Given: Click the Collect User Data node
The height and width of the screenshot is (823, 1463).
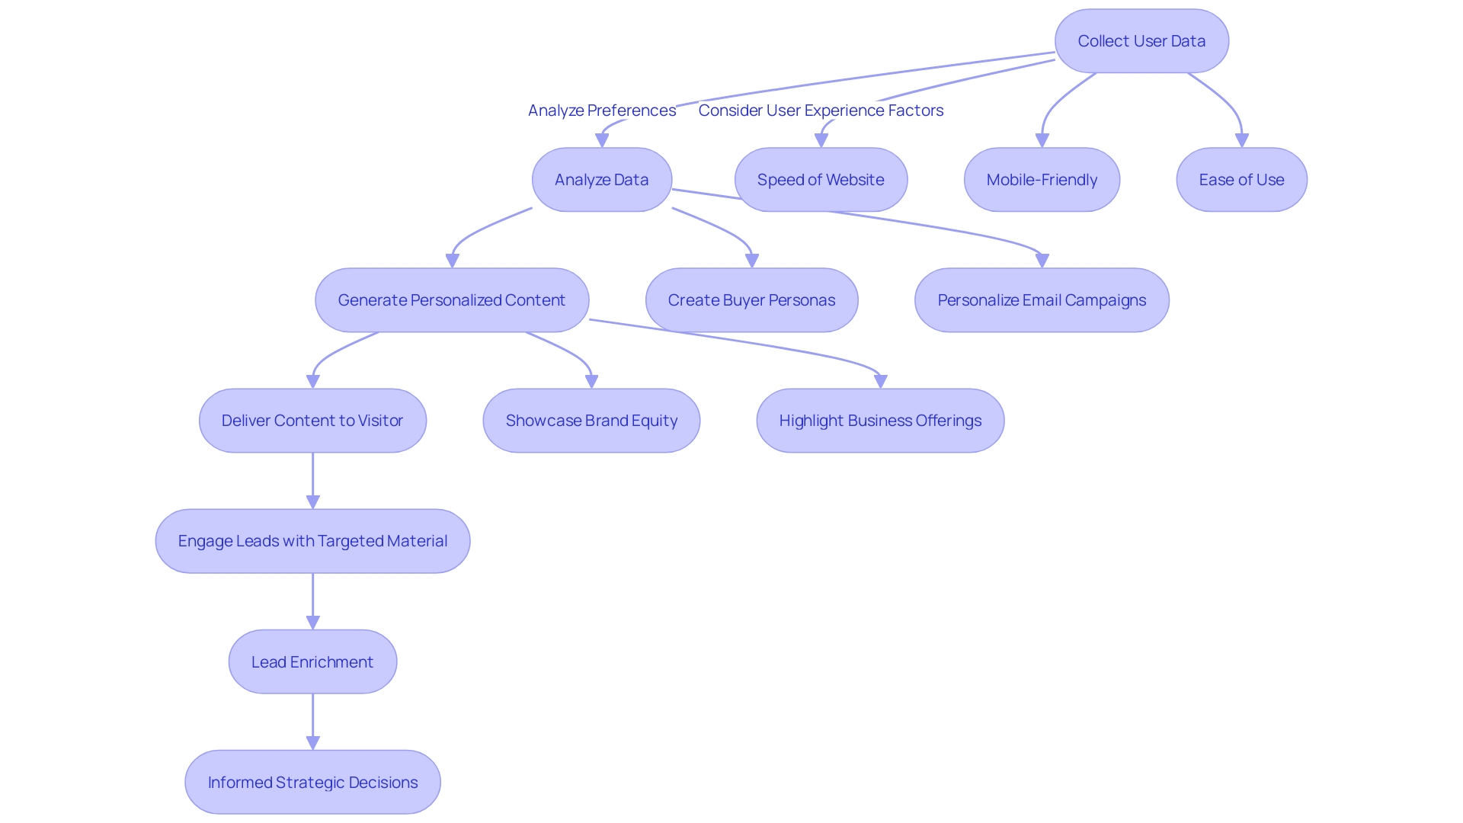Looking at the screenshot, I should click(1141, 41).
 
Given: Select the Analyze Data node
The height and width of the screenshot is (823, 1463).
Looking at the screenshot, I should click(601, 180).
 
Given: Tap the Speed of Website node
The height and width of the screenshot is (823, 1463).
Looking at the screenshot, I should click(821, 180).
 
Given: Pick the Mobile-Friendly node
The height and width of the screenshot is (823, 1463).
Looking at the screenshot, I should click(1042, 180).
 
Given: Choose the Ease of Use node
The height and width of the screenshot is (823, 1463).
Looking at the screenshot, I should click(1241, 180).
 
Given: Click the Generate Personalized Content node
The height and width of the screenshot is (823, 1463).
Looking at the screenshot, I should click(452, 300).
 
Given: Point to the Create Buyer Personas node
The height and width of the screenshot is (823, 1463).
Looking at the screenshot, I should click(751, 300).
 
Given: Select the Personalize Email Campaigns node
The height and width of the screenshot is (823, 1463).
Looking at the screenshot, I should click(1042, 300).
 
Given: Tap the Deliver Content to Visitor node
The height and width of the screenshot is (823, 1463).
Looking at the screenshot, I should click(312, 421).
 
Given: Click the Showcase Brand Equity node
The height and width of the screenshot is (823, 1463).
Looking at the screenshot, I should click(591, 421).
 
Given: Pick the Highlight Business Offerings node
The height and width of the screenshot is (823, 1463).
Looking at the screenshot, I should click(880, 421).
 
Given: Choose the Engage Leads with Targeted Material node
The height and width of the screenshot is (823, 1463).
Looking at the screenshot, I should click(312, 541).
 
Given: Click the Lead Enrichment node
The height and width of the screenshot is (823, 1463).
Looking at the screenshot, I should click(312, 661).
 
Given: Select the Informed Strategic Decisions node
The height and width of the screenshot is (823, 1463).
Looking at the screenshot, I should click(312, 782).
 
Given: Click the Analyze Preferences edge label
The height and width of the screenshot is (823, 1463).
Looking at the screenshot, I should click(601, 110).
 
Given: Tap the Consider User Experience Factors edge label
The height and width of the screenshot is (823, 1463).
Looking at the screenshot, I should click(821, 110).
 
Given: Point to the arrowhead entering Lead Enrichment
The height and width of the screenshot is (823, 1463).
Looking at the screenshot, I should click(312, 623).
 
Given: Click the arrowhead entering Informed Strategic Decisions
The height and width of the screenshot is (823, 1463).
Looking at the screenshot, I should click(312, 743).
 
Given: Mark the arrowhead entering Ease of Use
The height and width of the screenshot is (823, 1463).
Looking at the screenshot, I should click(1241, 141).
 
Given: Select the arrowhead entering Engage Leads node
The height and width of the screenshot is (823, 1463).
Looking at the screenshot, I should click(312, 502).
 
